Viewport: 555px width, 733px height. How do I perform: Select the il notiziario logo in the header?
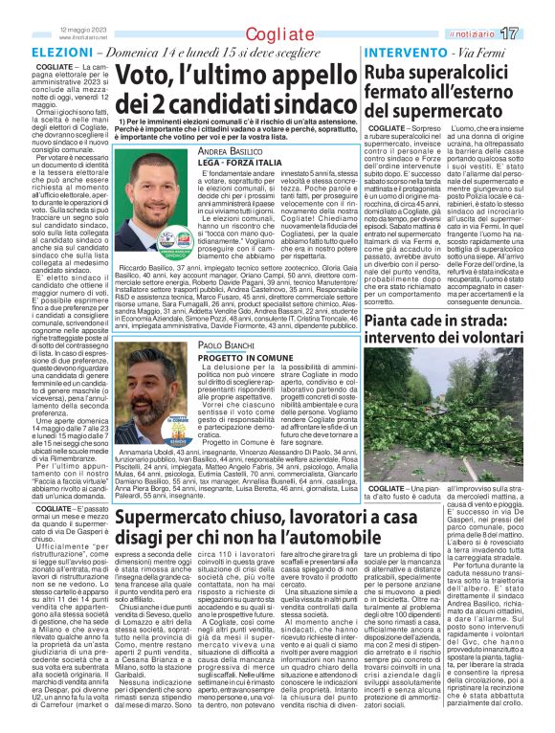point(495,34)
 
